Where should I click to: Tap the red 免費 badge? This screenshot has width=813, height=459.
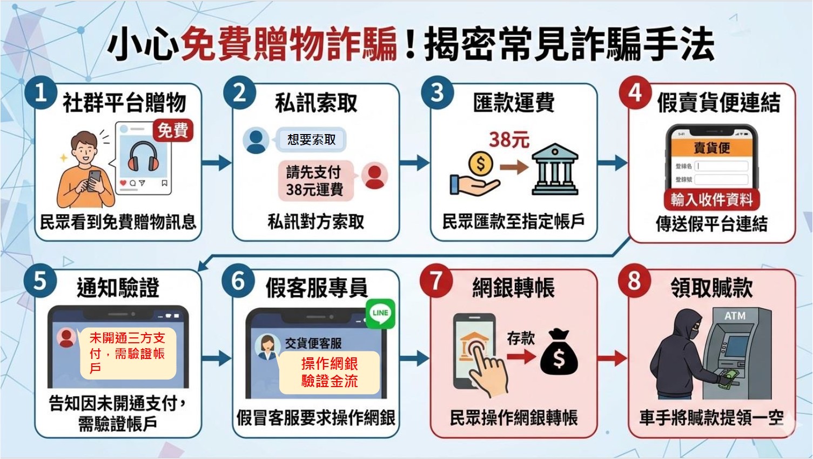(173, 130)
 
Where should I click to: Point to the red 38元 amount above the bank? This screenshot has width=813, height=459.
(509, 139)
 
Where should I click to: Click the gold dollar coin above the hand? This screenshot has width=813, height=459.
(480, 163)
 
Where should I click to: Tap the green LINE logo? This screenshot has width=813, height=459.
(380, 312)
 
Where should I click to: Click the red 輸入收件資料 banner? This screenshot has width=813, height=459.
(711, 199)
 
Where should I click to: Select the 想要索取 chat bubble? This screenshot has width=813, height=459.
(312, 139)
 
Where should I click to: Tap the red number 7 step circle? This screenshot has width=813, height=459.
(436, 281)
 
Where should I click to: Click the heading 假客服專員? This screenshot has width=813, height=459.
(316, 288)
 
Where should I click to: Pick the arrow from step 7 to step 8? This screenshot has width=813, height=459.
(613, 357)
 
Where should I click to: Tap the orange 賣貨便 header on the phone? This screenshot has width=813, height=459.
(711, 148)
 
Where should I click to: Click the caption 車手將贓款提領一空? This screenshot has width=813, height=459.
(711, 417)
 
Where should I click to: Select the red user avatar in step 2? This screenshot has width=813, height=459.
(374, 175)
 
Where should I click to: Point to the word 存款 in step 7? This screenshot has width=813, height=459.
(521, 338)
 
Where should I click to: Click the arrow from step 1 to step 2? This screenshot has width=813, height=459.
(216, 162)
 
